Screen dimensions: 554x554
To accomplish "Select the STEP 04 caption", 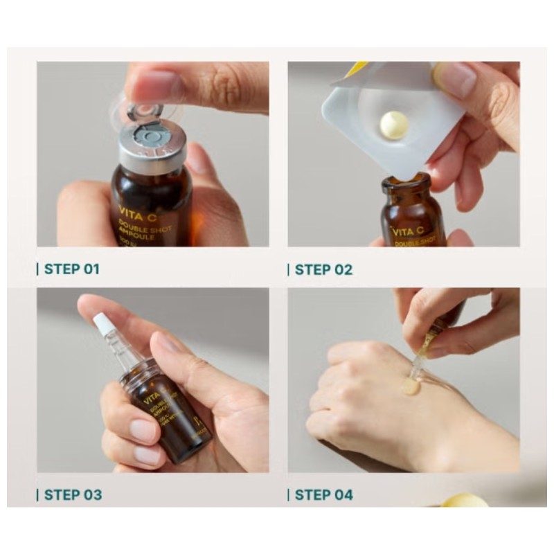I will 323,494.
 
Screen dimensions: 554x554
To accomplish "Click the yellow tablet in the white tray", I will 393,125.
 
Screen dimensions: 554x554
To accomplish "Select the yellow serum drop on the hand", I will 411,386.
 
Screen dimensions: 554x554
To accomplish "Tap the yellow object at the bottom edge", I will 464,500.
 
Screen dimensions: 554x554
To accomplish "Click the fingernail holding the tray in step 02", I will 454,78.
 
